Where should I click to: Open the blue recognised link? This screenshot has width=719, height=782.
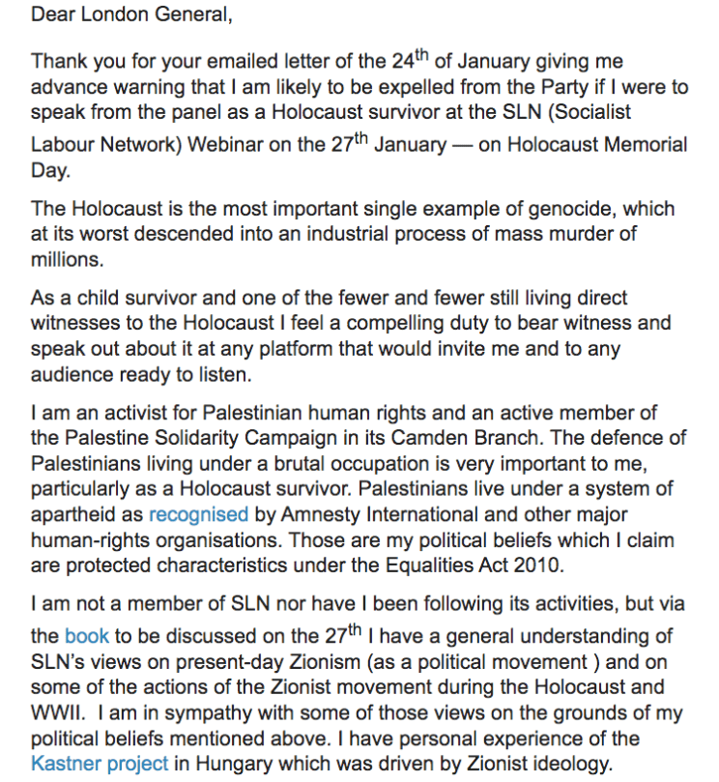click(198, 513)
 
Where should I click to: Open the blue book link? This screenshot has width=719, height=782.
click(87, 637)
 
